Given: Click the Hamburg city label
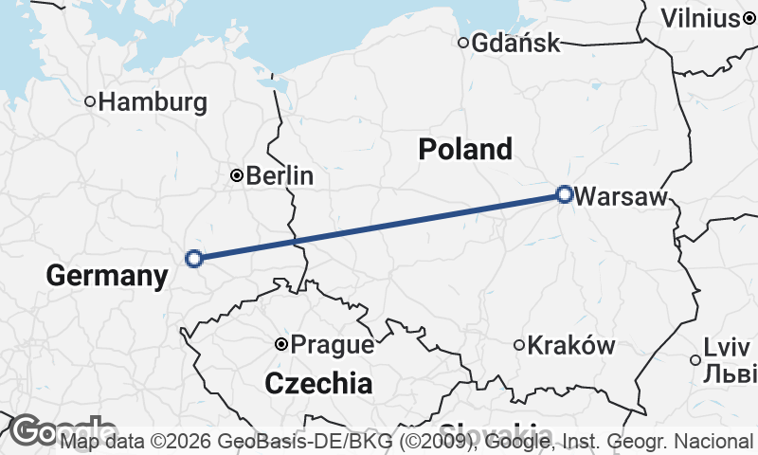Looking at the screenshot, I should tap(153, 101).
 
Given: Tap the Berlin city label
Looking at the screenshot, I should tap(279, 175).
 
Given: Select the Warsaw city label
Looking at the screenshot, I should tap(621, 196).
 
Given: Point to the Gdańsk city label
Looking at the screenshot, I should tap(515, 43).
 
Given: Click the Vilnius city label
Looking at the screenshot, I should tap(700, 18).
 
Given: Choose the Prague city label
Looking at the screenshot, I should tap(332, 345).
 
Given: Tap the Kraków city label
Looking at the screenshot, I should tap(571, 345).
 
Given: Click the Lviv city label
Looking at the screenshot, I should tap(727, 348).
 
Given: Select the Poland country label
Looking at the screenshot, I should tap(465, 149).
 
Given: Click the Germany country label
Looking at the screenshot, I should tap(106, 276).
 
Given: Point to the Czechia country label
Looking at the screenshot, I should tap(318, 383).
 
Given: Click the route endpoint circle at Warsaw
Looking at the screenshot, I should tap(565, 194).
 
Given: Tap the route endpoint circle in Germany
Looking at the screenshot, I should tap(194, 258).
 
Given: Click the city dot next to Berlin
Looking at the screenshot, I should tap(237, 175).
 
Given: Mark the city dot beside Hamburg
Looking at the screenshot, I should tap(91, 101).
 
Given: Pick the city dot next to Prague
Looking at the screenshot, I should tap(280, 344).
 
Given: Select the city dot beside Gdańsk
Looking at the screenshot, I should tap(463, 43).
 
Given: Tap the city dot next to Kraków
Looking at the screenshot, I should tap(518, 345).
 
